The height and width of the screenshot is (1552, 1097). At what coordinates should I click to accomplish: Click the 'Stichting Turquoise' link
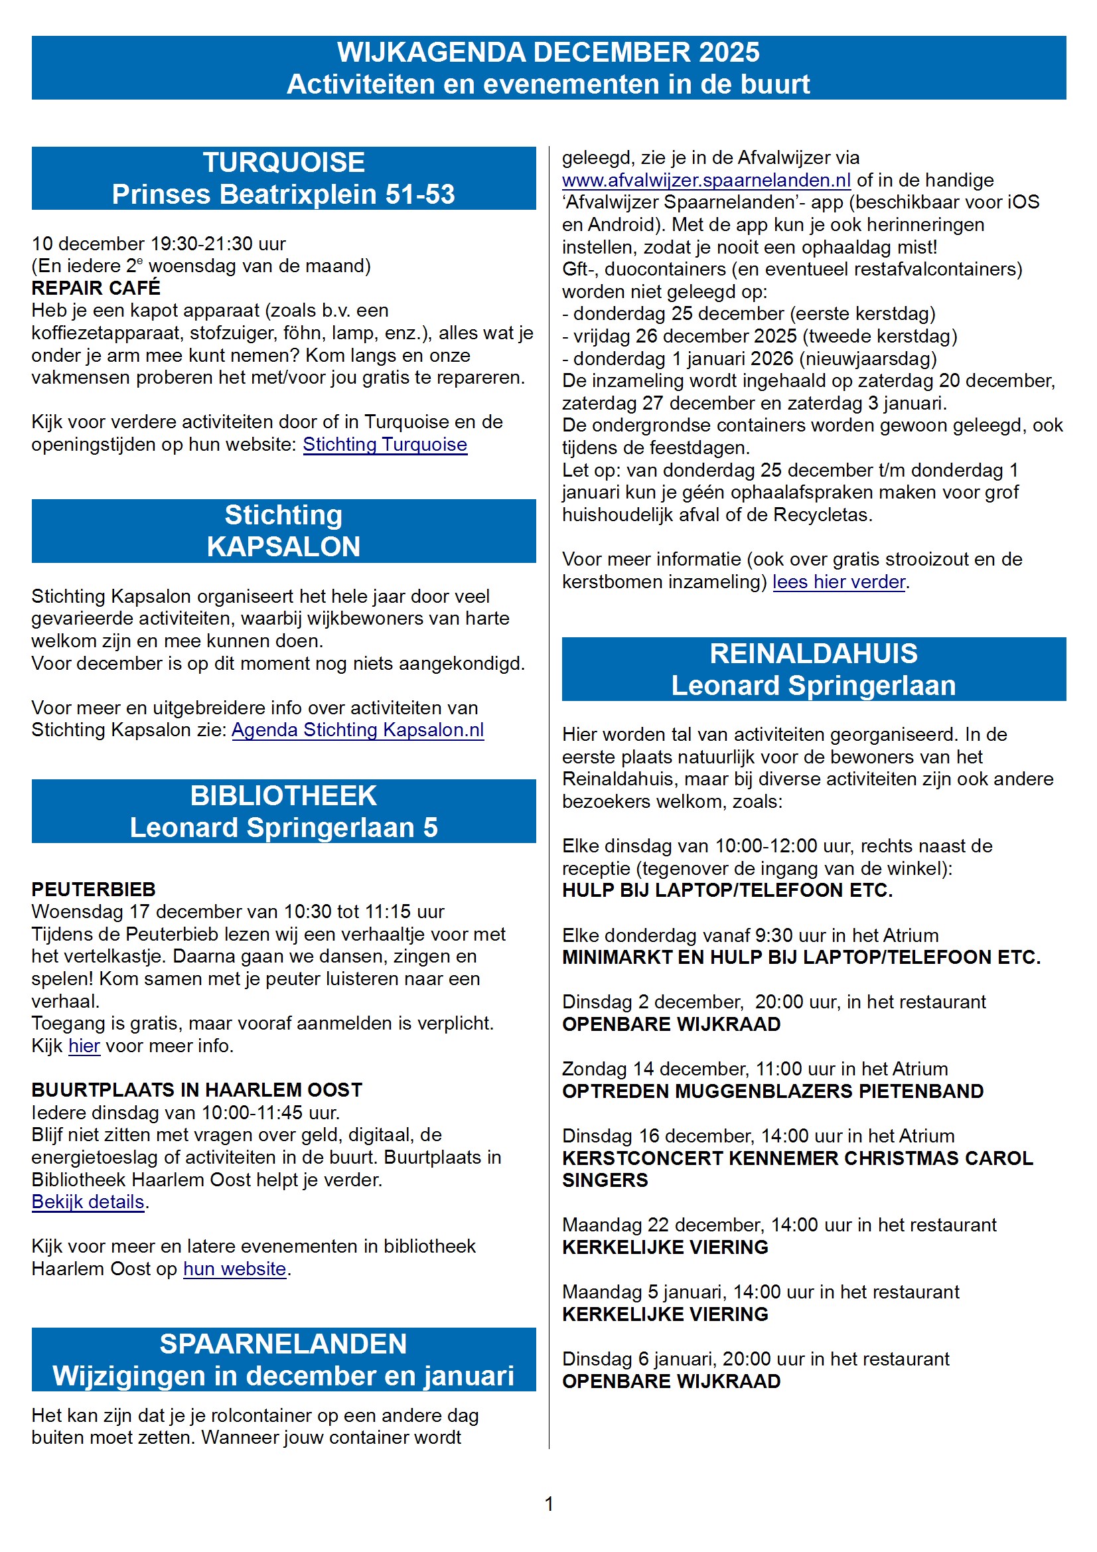tap(385, 445)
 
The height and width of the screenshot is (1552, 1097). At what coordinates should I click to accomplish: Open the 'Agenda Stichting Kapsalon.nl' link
tap(358, 730)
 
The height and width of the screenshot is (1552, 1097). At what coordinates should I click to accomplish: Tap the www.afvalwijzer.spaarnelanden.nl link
tap(706, 181)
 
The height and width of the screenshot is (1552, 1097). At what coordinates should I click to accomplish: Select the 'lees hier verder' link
tap(838, 582)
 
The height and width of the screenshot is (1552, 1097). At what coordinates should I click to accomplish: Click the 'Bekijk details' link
tap(88, 1202)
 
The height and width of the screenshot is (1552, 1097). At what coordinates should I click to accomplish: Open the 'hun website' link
tap(234, 1269)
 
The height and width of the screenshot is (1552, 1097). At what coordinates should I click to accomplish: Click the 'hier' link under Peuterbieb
tap(84, 1046)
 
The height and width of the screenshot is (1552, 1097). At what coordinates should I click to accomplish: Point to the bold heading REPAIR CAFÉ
tap(96, 288)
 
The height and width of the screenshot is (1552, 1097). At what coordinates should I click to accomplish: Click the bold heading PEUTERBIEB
tap(94, 890)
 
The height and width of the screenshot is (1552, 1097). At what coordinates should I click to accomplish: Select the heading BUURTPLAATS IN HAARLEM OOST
tap(196, 1091)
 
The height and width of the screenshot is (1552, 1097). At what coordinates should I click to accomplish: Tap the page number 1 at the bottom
tap(549, 1504)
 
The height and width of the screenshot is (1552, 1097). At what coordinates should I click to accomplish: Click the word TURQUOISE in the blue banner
tap(284, 163)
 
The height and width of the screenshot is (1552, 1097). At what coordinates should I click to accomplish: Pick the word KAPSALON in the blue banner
tap(284, 547)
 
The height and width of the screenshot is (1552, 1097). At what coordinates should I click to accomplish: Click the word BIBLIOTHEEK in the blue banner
tap(284, 797)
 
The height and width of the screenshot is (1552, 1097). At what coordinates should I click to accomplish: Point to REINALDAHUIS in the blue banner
tap(813, 654)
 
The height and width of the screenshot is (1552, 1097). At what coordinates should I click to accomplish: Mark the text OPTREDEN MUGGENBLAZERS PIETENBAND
tap(772, 1092)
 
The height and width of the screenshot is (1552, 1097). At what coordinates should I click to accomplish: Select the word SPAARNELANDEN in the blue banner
tap(283, 1344)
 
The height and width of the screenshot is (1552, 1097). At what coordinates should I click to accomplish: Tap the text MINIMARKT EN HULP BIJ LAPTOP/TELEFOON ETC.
tap(801, 958)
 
